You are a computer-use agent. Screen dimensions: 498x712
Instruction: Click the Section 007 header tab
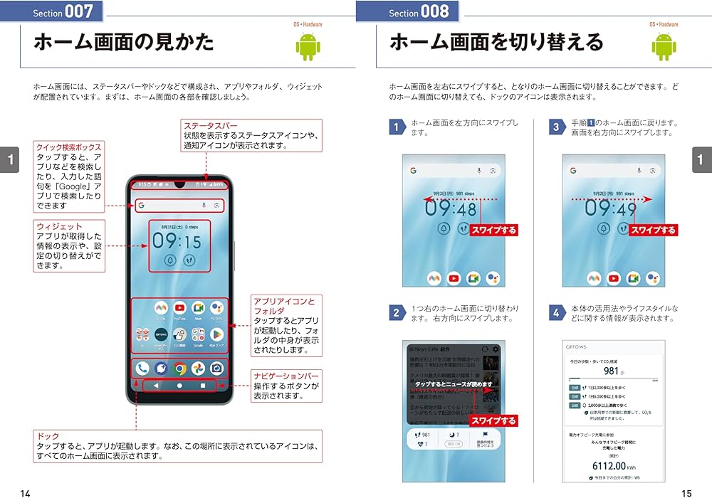click(63, 12)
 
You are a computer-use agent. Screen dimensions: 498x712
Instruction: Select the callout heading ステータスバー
click(210, 126)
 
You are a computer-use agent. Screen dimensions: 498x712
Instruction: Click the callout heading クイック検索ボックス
click(69, 147)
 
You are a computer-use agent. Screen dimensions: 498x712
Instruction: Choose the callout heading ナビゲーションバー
click(287, 375)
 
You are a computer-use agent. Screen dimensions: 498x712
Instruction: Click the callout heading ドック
click(48, 435)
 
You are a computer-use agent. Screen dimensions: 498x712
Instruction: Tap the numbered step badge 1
click(397, 127)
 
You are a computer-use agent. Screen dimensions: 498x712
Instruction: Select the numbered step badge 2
click(397, 313)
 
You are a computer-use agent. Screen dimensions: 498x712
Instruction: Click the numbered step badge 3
click(557, 127)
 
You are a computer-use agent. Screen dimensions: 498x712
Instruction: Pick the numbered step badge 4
click(557, 313)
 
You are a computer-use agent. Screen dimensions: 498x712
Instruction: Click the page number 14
click(26, 492)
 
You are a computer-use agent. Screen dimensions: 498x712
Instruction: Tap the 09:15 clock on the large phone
click(177, 241)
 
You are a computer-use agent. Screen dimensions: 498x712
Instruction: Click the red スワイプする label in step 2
click(494, 421)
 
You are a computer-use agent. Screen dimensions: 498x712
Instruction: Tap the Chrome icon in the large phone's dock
click(180, 369)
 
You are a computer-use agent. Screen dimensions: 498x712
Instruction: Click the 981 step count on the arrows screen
click(611, 371)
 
